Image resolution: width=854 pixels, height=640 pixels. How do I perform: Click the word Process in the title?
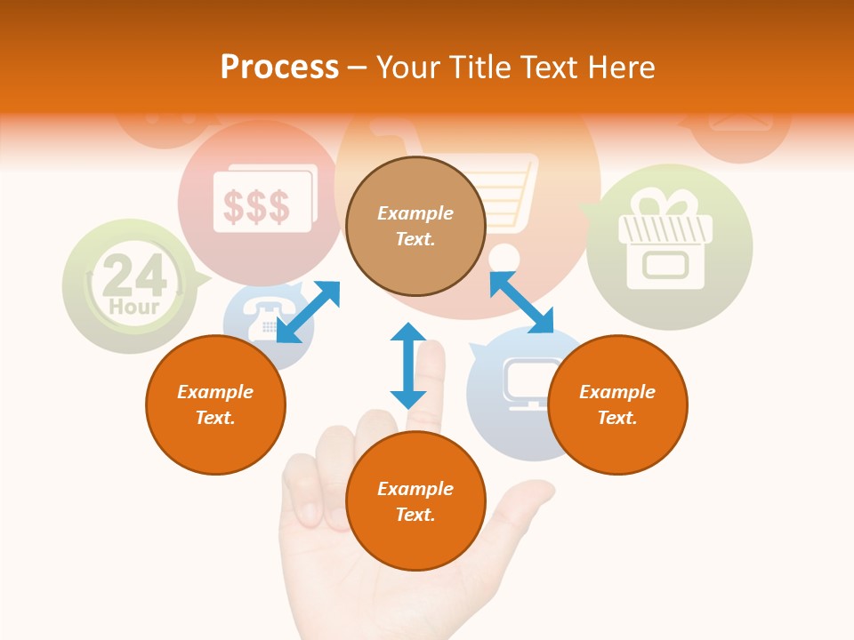[x=279, y=68]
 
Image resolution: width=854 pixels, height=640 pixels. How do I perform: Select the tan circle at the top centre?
[x=415, y=227]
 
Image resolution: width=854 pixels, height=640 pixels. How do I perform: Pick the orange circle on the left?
[x=215, y=405]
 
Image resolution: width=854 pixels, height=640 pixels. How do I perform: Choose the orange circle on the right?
[x=617, y=405]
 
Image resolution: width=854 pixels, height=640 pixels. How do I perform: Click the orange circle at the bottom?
[x=415, y=501]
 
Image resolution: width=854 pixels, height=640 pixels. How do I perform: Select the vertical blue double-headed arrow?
[x=408, y=365]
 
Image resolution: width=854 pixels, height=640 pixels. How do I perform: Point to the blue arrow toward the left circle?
[x=308, y=312]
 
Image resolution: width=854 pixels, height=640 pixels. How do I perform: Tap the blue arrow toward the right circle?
[x=522, y=302]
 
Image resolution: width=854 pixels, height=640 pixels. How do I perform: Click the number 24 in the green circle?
[x=134, y=277]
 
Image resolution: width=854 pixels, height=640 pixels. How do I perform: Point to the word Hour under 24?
[x=134, y=308]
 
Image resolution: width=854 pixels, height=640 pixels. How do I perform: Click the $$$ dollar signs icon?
[x=256, y=206]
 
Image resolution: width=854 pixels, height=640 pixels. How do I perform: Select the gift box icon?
[x=666, y=241]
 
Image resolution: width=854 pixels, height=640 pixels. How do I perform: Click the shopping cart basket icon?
[x=507, y=191]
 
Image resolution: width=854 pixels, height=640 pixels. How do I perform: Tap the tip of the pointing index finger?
[x=434, y=351]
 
